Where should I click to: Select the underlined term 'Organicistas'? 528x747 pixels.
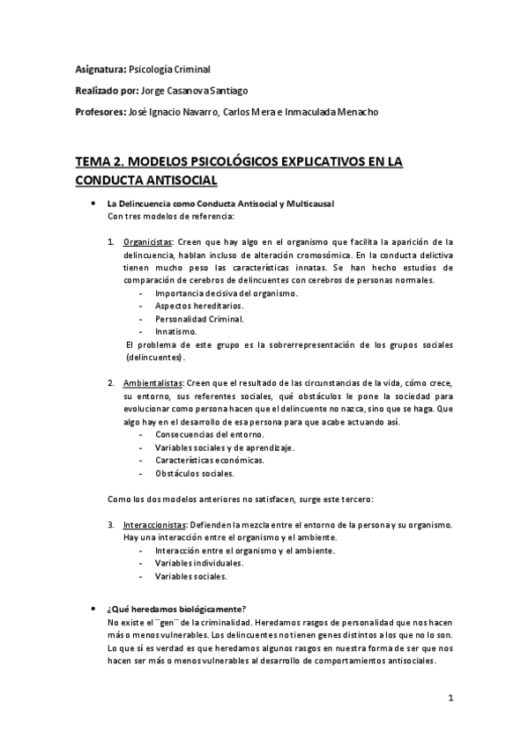coord(147,240)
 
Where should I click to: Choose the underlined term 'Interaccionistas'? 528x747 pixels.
coord(155,525)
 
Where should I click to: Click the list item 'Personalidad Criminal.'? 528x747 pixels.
coord(198,319)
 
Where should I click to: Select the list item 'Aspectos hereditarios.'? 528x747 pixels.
coord(198,306)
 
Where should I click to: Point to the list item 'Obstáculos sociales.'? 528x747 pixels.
coord(194,474)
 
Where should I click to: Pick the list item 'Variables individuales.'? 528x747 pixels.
coord(199,564)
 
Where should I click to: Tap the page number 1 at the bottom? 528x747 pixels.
coord(450,699)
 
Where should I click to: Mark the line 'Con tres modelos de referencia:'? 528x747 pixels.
coord(170,216)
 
